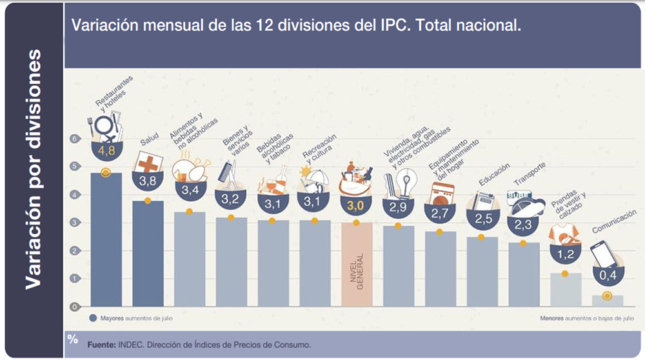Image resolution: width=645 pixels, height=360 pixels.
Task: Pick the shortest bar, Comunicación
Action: pyautogui.click(x=607, y=301)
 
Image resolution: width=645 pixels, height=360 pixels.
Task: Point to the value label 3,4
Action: pyautogui.click(x=189, y=190)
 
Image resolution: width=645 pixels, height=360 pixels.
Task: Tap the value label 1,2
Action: pyautogui.click(x=565, y=254)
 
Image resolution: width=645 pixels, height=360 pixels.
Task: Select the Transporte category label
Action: pyautogui.click(x=530, y=174)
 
